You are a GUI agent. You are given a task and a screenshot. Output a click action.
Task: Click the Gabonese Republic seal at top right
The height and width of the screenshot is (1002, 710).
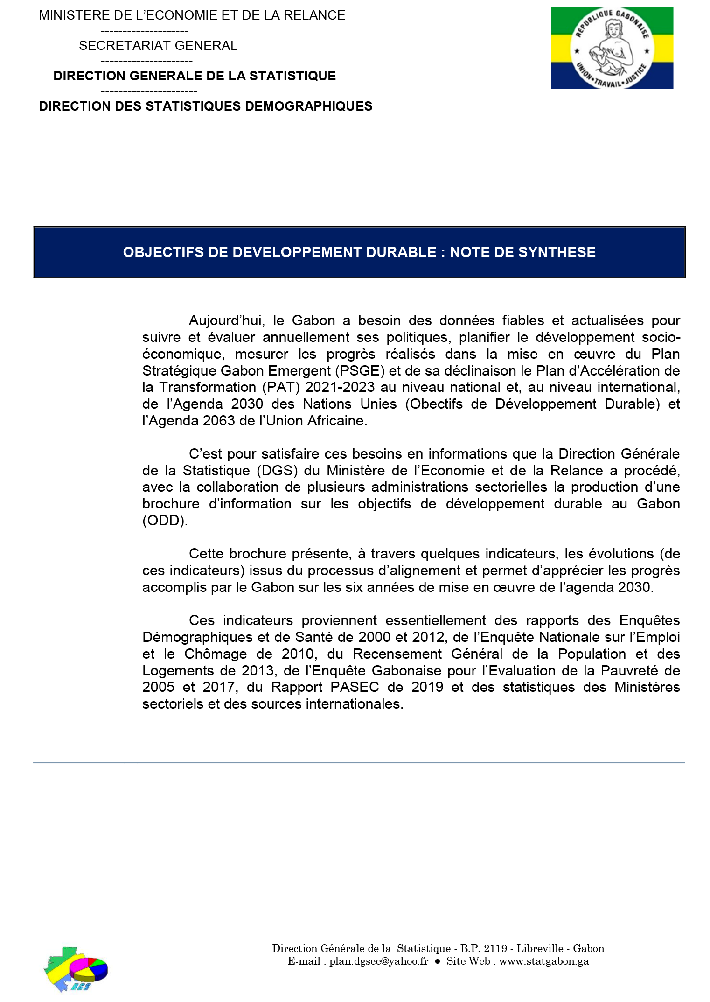tap(612, 49)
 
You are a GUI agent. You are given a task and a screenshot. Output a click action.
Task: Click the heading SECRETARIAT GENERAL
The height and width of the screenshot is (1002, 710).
tap(158, 46)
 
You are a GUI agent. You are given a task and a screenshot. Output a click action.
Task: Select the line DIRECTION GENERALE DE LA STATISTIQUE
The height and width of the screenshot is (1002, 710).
tap(195, 76)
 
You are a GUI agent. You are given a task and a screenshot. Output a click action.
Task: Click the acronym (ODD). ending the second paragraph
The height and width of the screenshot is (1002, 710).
tap(165, 521)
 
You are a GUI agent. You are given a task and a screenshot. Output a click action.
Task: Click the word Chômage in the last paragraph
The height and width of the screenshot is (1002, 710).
tap(215, 654)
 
